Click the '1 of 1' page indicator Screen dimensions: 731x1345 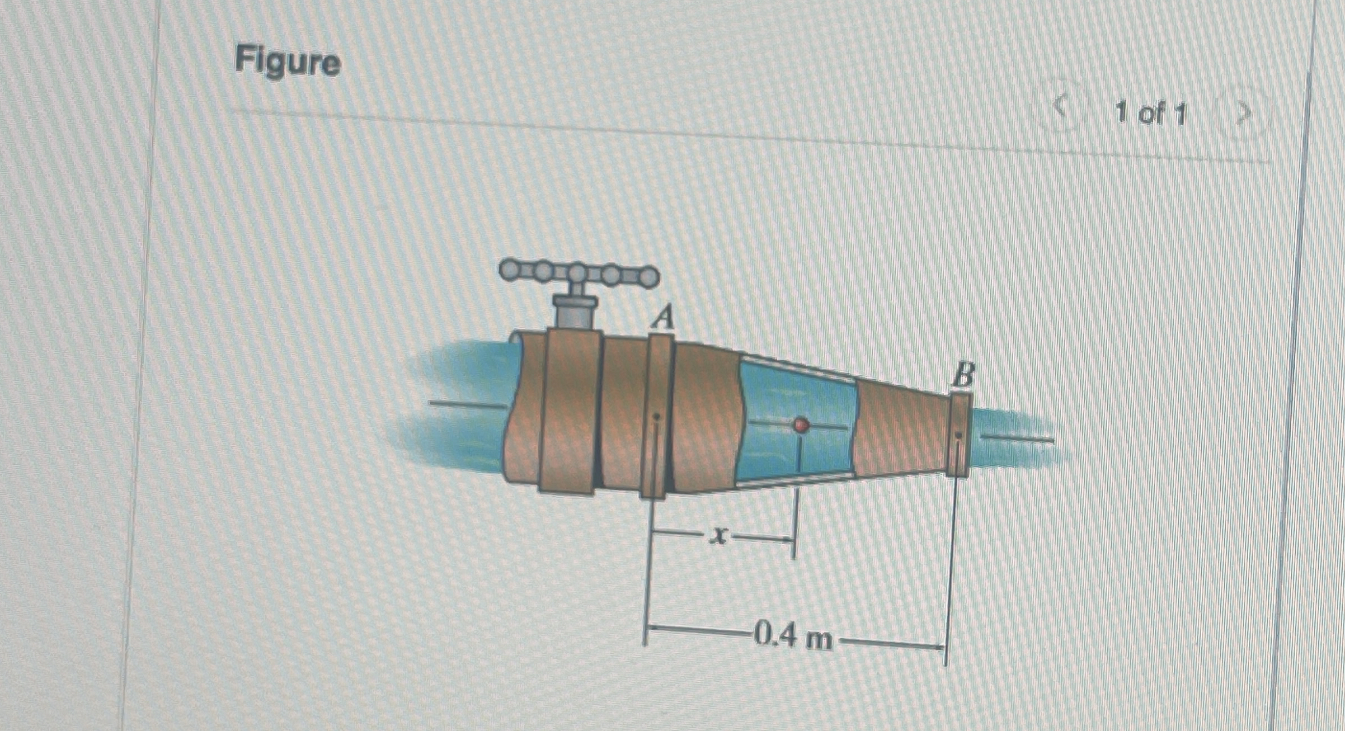(x=1150, y=114)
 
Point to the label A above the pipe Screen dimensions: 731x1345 (x=664, y=318)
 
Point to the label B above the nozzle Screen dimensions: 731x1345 (x=963, y=375)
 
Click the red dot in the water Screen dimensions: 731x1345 (x=801, y=425)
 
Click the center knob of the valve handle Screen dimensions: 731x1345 (x=579, y=273)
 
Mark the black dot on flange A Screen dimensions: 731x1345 (x=657, y=417)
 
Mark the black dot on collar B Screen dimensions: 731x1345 (x=959, y=435)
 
